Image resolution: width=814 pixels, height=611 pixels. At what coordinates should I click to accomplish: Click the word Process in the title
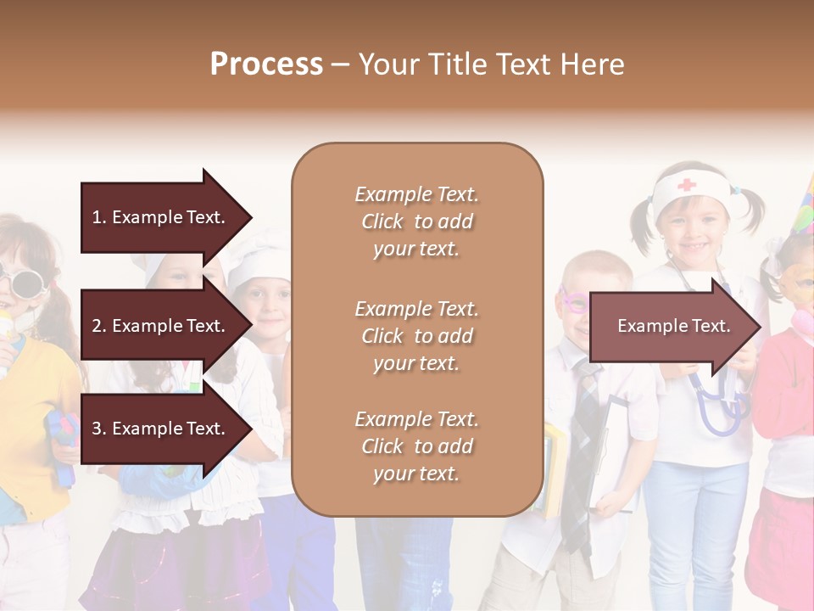click(x=266, y=64)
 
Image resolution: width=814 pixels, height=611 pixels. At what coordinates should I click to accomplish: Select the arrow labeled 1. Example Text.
click(x=161, y=217)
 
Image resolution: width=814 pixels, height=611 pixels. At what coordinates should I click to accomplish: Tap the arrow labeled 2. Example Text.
click(x=161, y=326)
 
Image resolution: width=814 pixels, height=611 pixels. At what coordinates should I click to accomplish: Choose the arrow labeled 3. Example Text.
click(x=161, y=429)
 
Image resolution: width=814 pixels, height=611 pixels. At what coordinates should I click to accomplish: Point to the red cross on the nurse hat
click(x=686, y=184)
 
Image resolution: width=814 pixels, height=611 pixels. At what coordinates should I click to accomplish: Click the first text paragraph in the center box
click(x=416, y=221)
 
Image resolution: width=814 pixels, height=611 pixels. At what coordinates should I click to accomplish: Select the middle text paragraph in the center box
click(x=416, y=336)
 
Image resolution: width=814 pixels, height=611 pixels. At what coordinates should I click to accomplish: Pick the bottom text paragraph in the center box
click(x=416, y=446)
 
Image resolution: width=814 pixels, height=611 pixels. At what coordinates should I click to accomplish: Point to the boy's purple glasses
click(x=572, y=300)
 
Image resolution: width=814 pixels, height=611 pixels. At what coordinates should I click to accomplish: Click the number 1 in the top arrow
click(x=97, y=217)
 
